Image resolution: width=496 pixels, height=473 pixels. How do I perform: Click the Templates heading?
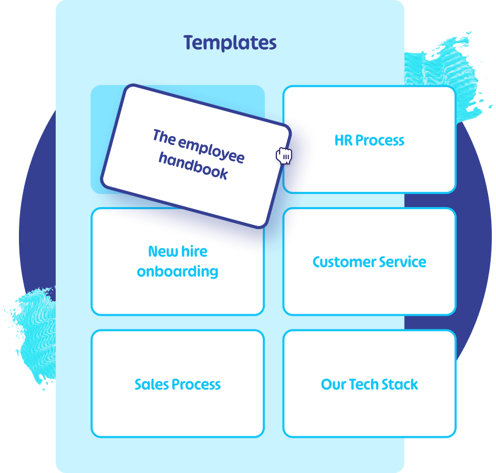pos(230,43)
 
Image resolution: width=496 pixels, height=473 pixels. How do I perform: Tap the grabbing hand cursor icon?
pos(284,156)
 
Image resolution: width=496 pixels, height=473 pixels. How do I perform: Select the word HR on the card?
pos(343,140)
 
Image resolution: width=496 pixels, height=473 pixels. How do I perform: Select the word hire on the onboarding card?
pos(194,252)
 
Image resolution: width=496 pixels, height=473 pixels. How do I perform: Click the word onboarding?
pos(178,272)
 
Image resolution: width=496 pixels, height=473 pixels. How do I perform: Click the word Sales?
pos(151,384)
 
